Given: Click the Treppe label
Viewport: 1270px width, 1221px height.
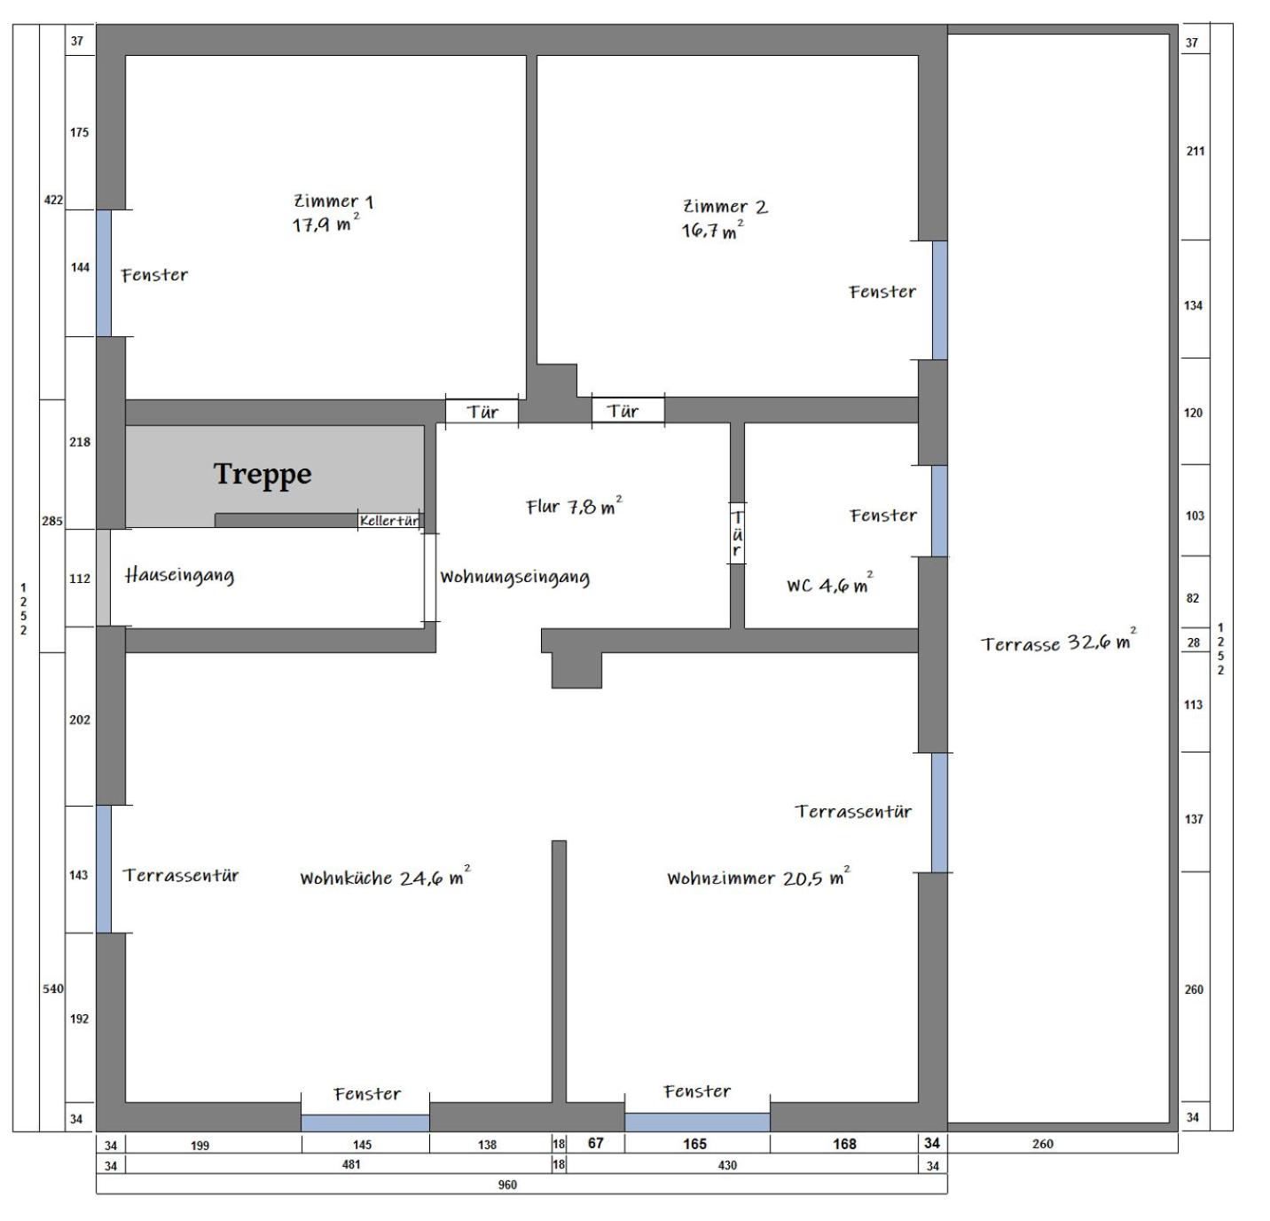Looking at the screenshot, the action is tap(263, 475).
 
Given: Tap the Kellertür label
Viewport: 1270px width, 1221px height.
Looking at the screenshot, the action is tap(389, 520).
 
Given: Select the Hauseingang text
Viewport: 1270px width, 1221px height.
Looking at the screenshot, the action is tap(179, 575).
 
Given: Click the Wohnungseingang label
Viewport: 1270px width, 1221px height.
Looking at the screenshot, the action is tap(515, 577).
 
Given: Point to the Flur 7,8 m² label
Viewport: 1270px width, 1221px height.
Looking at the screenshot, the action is tap(575, 506).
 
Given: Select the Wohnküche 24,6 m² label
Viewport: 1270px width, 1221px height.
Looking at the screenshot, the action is tap(385, 876).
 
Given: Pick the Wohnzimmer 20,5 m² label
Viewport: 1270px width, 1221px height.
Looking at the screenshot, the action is tap(758, 876).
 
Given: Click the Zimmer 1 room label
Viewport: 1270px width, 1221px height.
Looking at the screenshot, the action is tap(333, 213).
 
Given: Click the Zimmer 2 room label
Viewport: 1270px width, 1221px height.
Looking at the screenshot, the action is tap(725, 218).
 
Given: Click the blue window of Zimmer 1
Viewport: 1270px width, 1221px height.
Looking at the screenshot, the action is tap(104, 273).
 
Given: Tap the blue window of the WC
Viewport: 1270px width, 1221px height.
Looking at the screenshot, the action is tap(939, 510).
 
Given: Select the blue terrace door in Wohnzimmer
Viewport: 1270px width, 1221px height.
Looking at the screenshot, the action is tap(939, 812).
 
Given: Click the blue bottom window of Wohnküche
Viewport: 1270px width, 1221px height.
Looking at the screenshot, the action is tap(365, 1123).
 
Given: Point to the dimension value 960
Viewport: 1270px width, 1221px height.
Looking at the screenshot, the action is tap(507, 1186).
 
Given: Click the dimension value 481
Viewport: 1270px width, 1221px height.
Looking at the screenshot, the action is tap(351, 1164).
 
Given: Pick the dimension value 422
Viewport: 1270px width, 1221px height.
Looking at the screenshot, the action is tap(53, 200).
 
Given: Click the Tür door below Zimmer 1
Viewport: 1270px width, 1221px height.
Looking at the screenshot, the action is tap(482, 412).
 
